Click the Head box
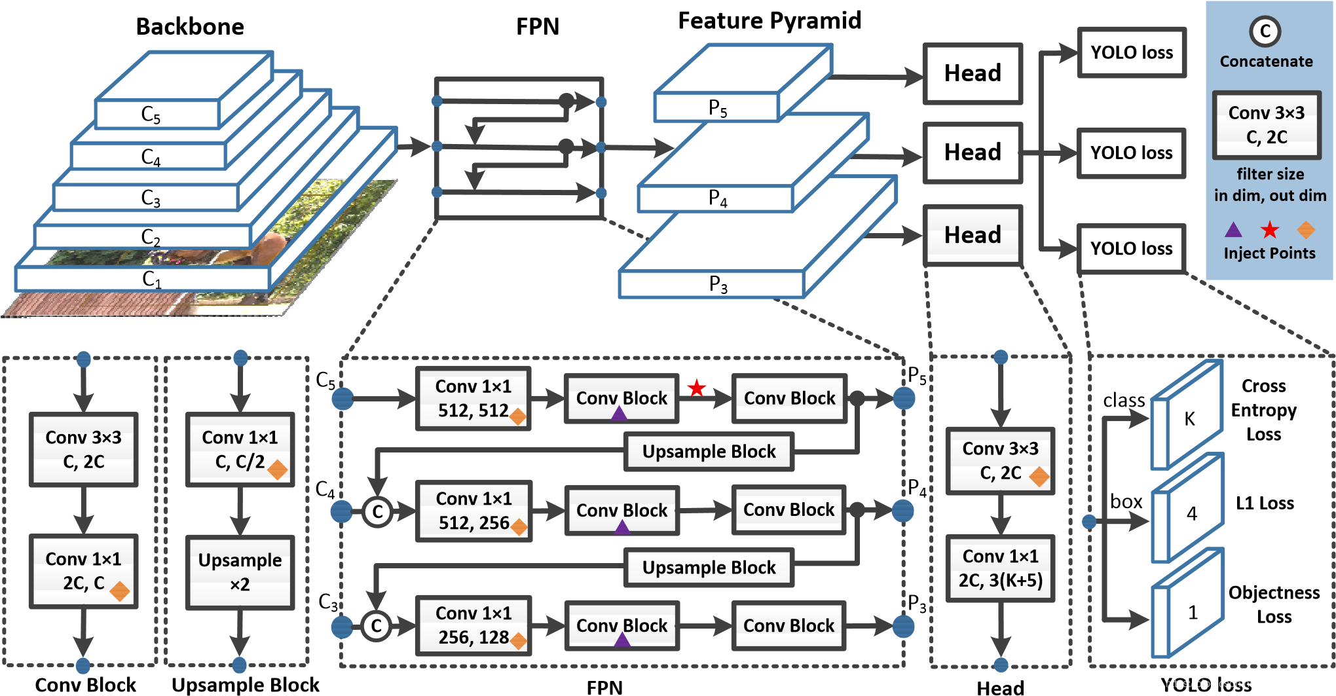tap(973, 235)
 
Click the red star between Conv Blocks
tap(696, 388)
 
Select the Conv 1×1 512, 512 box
tap(473, 398)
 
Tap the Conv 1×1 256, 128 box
tap(473, 625)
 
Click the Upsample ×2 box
tap(240, 572)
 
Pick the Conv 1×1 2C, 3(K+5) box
tap(1000, 568)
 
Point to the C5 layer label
tap(151, 115)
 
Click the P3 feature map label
tap(718, 284)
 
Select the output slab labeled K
tap(1189, 418)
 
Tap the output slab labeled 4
tap(1191, 513)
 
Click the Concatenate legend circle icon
tap(1265, 31)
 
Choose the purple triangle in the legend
tap(1233, 230)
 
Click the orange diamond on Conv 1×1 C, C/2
tap(278, 469)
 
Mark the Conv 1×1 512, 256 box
tap(473, 511)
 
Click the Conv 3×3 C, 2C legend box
tap(1267, 125)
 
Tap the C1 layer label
tap(151, 279)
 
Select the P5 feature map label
tap(718, 108)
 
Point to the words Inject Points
tap(1269, 253)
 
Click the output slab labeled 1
tap(1192, 612)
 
